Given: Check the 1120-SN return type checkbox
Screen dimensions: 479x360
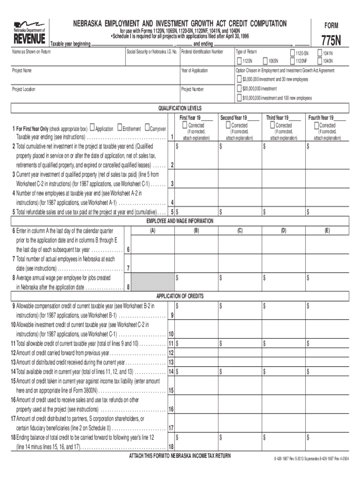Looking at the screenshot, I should (x=293, y=53).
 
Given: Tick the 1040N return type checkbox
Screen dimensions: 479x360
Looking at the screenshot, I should (x=320, y=61).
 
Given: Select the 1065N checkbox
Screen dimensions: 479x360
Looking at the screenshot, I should (x=266, y=61).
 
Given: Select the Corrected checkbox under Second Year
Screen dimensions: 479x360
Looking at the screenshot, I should (x=228, y=125).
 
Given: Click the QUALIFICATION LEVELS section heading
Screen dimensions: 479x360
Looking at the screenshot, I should (x=180, y=108).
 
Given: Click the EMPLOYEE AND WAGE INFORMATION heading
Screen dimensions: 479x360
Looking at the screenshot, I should (x=180, y=221).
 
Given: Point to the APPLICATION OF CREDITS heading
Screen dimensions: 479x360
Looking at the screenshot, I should (x=180, y=296).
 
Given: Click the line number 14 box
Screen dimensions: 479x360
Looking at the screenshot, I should (x=171, y=371).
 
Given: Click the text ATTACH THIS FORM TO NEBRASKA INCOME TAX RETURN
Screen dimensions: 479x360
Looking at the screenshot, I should (x=180, y=456).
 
